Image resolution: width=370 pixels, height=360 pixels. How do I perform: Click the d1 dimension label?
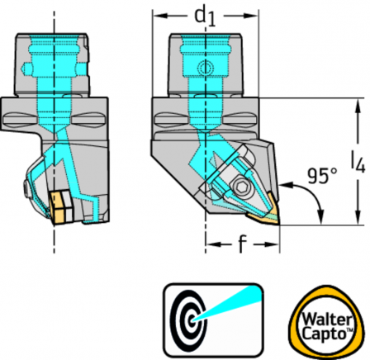pos(205,17)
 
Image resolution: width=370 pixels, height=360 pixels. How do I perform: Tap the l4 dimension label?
pos(358,162)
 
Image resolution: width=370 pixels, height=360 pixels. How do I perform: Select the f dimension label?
pos(241,244)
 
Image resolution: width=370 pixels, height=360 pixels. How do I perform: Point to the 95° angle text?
pos(322,176)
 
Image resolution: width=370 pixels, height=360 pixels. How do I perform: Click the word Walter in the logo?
pos(327,320)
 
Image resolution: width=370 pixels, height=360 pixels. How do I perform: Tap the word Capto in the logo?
pos(324,334)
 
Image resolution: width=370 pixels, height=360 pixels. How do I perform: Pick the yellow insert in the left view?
pos(57,208)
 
